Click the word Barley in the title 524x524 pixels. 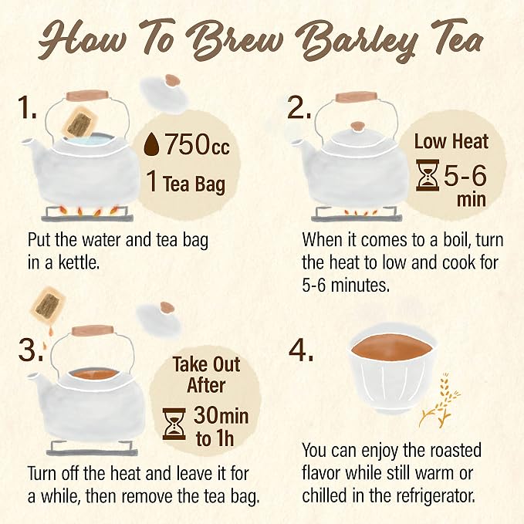360,42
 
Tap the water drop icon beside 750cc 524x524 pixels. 150,144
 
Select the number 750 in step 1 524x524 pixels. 187,144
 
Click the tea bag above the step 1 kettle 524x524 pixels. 80,122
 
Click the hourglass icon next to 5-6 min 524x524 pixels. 428,175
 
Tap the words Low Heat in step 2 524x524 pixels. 451,142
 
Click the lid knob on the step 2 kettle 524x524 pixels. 358,126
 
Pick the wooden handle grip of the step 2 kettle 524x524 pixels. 357,96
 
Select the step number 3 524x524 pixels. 29,350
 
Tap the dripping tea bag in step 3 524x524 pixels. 48,306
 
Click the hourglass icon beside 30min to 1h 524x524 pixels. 174,424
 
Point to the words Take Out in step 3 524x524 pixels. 206,364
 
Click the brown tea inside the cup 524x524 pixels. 392,347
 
